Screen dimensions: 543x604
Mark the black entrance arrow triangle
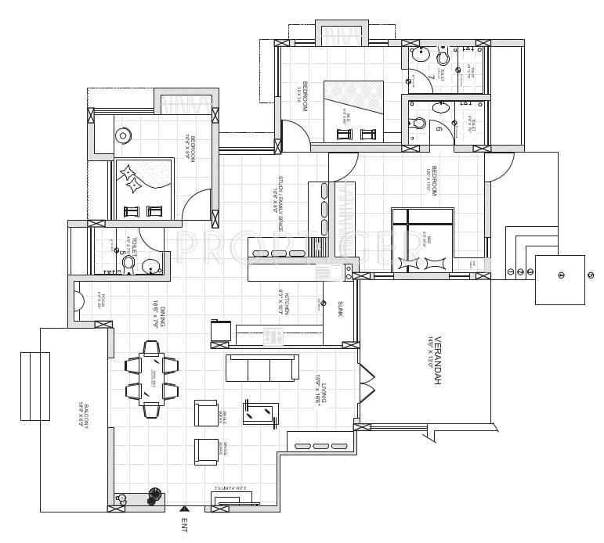pos(183,509)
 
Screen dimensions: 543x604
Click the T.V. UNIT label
pos(230,489)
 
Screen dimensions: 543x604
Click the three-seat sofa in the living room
pos(261,366)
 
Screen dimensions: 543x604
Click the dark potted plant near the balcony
pos(155,495)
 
